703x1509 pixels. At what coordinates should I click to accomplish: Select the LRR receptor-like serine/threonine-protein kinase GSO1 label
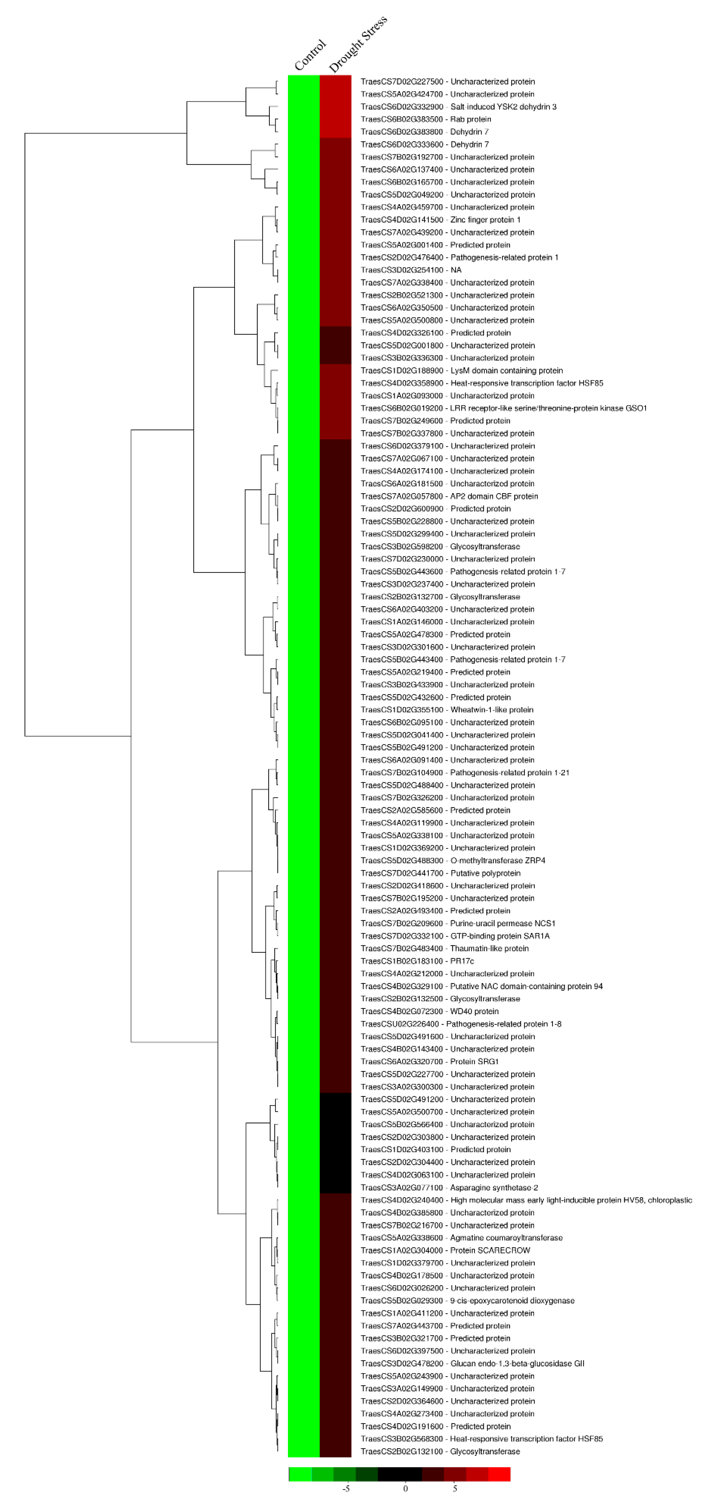pos(504,408)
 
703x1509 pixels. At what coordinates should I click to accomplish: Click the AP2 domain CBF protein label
pos(449,496)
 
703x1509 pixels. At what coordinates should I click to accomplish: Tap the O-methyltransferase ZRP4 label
pos(453,860)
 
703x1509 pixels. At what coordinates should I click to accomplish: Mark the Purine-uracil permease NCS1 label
pos(458,923)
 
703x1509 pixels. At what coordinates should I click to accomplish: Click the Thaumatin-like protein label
pos(445,948)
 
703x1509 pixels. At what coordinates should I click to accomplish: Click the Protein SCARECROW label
pos(445,1250)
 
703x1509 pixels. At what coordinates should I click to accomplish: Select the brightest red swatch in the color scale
pos(499,1474)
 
